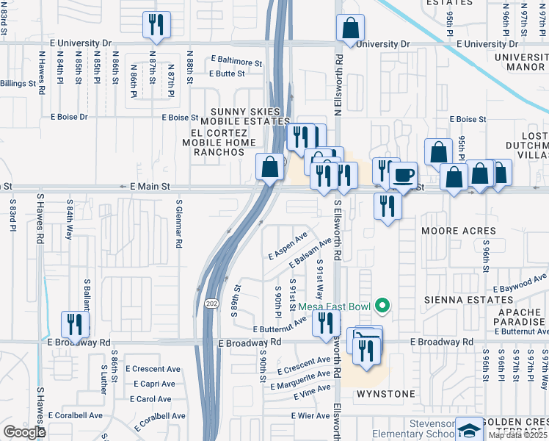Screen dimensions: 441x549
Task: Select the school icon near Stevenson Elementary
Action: coord(468,429)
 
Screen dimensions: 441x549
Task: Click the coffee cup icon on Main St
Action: coord(403,174)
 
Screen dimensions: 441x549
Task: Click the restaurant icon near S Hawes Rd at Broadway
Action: coord(75,324)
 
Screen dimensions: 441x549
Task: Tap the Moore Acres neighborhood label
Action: coord(459,231)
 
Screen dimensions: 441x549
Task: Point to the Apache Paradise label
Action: coord(519,317)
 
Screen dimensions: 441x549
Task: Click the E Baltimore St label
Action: coord(236,60)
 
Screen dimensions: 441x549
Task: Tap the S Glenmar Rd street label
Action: coord(178,223)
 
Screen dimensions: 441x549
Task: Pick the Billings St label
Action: coord(18,84)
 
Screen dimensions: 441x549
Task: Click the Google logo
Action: coord(24,432)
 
